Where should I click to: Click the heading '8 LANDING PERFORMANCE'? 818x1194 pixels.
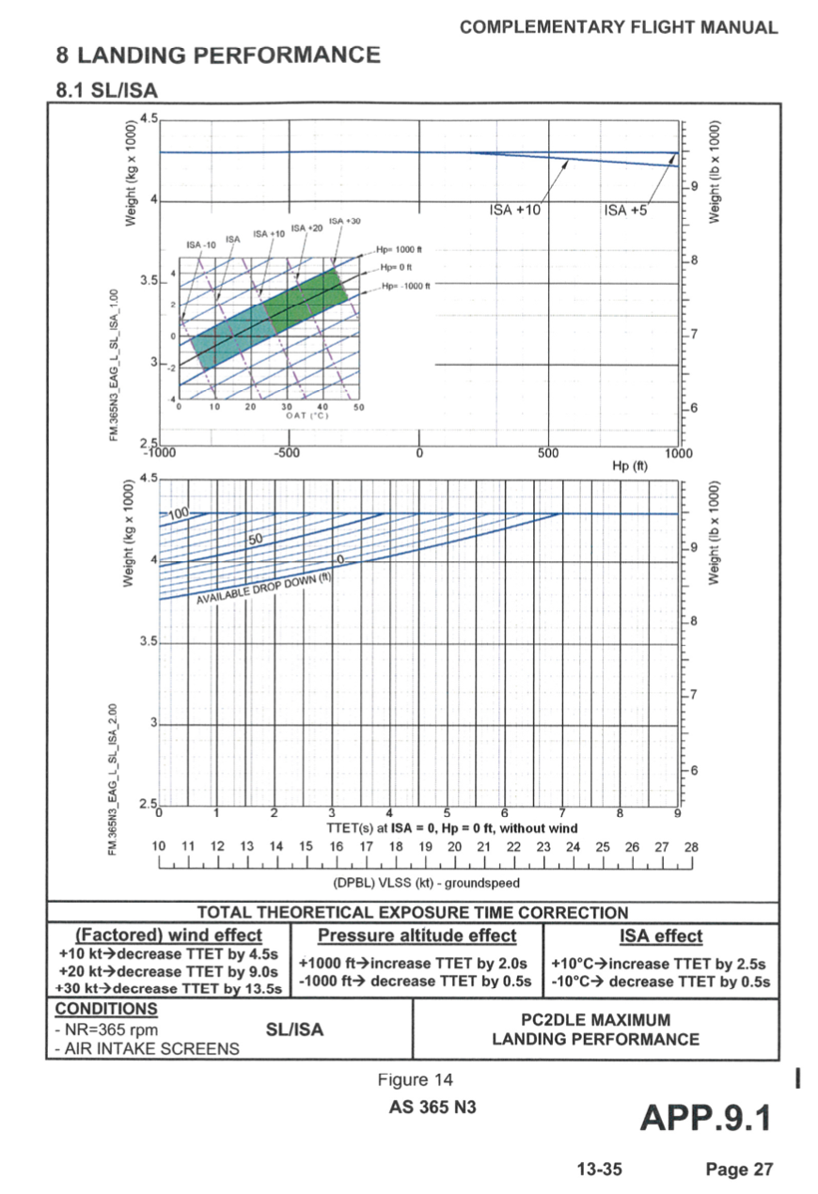(x=218, y=55)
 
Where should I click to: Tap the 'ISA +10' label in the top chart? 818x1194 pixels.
(x=515, y=210)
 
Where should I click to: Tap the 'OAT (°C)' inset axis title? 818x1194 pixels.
(x=307, y=417)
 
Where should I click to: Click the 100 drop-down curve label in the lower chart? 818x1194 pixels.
(x=179, y=512)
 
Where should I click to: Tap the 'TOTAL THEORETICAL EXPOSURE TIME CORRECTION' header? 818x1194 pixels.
(x=413, y=912)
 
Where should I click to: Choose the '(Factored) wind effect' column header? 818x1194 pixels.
(x=169, y=935)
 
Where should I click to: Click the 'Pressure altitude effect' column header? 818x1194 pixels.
(x=417, y=935)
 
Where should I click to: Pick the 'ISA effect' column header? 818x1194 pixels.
(x=661, y=935)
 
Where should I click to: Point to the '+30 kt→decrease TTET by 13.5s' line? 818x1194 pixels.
(x=169, y=988)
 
